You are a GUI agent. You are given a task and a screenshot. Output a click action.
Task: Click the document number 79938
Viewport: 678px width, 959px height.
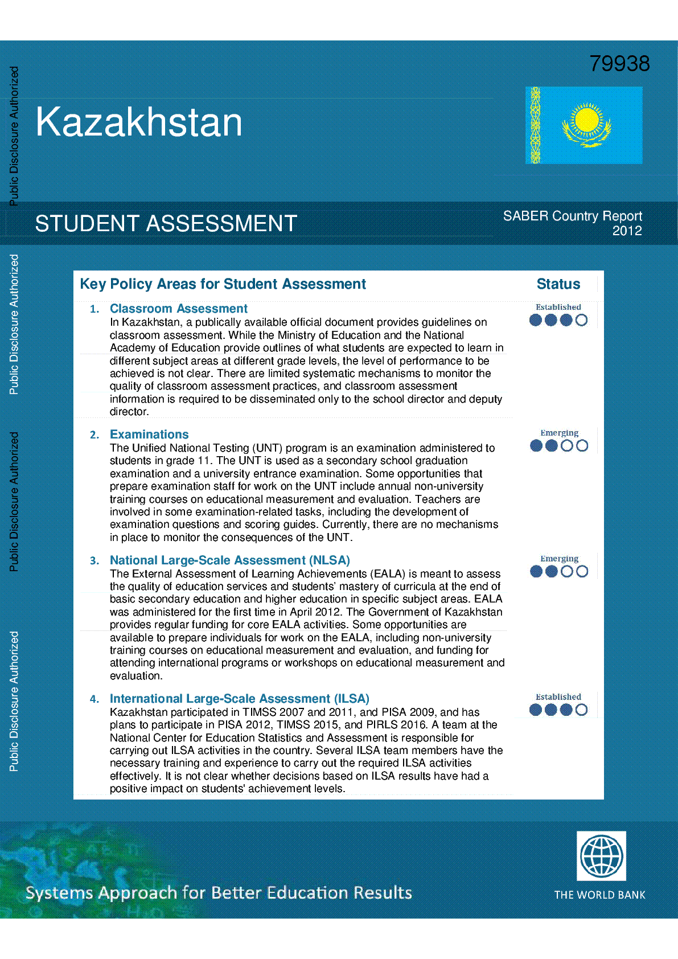click(x=619, y=64)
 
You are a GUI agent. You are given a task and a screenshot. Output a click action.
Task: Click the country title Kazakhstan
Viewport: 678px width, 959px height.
click(x=139, y=122)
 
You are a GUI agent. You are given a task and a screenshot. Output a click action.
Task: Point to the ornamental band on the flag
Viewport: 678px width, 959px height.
click(x=535, y=125)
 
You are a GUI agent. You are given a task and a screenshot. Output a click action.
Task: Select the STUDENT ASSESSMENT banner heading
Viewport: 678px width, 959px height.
click(x=166, y=224)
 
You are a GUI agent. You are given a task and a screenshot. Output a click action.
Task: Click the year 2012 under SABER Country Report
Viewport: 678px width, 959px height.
click(x=627, y=231)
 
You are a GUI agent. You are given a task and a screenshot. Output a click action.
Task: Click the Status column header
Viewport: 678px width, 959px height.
click(x=558, y=284)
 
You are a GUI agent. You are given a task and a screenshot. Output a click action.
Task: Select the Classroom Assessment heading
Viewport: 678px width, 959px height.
click(x=178, y=309)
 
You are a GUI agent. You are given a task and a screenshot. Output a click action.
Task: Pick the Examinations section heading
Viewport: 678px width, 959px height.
click(x=149, y=435)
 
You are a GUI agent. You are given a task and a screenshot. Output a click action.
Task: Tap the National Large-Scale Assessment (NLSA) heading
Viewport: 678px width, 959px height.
click(x=229, y=560)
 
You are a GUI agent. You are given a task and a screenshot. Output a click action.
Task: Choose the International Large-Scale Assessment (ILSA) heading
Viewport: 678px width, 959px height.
click(x=239, y=699)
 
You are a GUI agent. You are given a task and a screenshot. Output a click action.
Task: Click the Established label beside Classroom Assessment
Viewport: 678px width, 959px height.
click(x=558, y=307)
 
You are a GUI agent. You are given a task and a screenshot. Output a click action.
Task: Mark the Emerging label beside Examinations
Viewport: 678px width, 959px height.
click(x=559, y=433)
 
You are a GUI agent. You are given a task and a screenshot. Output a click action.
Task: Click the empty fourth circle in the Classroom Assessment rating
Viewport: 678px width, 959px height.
click(x=581, y=320)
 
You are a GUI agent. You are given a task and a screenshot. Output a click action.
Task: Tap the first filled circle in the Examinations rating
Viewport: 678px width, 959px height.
click(x=536, y=446)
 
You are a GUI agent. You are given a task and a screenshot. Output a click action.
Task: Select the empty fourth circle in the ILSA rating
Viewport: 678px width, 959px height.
click(x=581, y=710)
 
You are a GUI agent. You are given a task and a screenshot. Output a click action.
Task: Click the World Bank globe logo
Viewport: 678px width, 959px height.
click(x=601, y=856)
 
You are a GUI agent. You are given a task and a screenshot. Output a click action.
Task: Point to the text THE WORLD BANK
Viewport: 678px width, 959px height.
click(x=599, y=895)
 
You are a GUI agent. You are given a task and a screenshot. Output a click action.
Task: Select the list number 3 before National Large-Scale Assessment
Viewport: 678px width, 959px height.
click(x=94, y=561)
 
